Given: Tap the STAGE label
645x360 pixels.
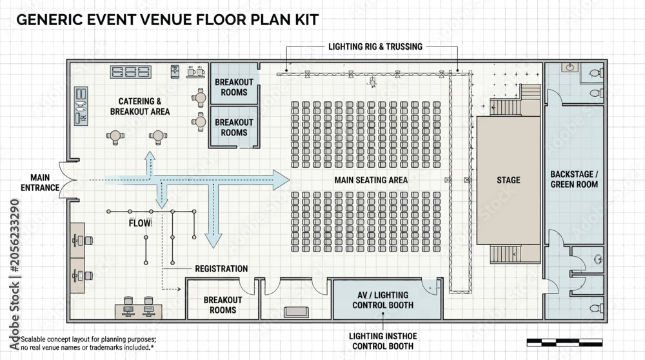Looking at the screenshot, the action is point(508,180).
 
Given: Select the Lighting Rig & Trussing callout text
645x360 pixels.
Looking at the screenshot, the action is point(375,46).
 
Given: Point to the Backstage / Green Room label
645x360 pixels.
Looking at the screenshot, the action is point(574,179).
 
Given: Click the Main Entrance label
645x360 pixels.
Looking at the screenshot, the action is point(40,183).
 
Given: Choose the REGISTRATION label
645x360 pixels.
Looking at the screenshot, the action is point(221,268).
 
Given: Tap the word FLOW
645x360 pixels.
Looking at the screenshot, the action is point(139,223).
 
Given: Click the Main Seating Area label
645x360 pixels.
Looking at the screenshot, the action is point(371,180).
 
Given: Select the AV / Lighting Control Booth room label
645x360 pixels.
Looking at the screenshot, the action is point(383,300).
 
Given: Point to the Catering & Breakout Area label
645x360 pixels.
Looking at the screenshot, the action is point(140,106).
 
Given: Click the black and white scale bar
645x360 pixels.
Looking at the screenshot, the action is point(564,343).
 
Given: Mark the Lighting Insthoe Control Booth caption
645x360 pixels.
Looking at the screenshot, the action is point(383,341).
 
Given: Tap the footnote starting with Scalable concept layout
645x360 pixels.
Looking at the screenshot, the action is point(88,343).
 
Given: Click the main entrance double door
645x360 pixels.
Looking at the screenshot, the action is point(68,180).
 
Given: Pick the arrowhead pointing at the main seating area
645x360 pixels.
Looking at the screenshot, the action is point(281,180).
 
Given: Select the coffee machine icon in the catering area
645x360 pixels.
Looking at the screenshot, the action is point(175,71).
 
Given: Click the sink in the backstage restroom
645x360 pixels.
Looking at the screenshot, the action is point(570,67).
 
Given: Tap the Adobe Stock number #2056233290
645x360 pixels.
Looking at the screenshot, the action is point(14,235).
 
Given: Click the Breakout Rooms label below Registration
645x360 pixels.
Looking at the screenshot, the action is point(223,305).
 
